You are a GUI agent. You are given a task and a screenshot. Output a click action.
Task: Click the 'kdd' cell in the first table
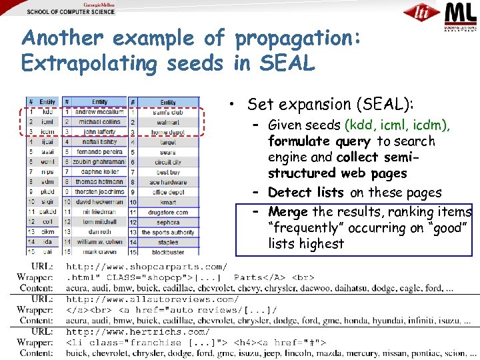click(47, 112)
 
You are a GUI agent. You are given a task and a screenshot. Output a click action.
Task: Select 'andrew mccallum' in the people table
click(99, 112)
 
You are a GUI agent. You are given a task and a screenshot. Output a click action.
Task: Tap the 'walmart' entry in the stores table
click(168, 123)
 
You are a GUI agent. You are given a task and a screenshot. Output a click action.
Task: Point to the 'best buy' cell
click(168, 172)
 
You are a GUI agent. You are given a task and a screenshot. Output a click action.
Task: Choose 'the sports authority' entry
click(168, 232)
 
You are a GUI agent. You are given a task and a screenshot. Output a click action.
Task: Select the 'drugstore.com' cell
click(168, 212)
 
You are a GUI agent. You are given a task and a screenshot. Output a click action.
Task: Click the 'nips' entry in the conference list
click(47, 171)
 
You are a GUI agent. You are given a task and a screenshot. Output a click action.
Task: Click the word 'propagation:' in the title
click(298, 38)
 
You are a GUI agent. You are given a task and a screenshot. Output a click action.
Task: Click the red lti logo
click(421, 13)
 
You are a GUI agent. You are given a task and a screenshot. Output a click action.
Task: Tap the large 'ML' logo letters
click(460, 13)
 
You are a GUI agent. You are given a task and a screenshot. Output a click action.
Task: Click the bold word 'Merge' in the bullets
click(288, 211)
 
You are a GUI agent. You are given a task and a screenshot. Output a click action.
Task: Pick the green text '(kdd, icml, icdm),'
click(397, 125)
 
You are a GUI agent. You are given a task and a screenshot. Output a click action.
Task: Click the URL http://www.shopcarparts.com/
click(147, 265)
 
